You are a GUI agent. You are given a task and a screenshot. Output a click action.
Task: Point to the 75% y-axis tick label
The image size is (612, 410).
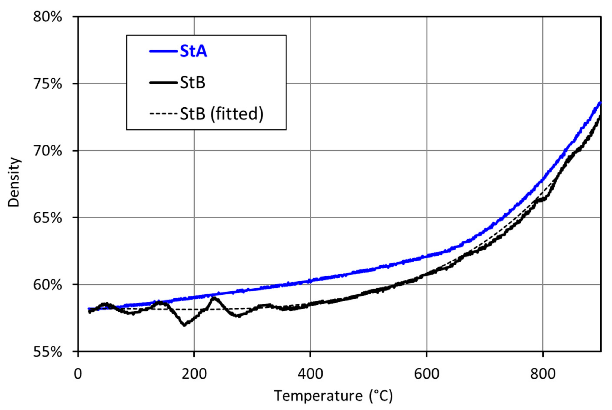pos(47,84)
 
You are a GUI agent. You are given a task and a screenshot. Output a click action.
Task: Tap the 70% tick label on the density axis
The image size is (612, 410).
pos(47,151)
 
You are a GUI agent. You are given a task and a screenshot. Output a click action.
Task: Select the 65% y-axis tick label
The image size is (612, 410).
pos(47,218)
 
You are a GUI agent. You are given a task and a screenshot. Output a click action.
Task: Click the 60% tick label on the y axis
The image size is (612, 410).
pos(47,285)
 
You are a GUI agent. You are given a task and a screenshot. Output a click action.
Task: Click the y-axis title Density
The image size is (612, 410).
pos(14,182)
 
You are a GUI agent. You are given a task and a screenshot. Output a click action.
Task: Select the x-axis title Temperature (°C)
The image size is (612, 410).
pos(333,396)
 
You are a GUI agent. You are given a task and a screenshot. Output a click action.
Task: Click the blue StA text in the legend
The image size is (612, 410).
pos(193,51)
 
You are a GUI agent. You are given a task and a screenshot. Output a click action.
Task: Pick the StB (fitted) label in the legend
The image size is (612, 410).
pos(221,114)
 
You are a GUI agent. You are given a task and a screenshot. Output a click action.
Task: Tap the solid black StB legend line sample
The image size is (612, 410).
pos(163,83)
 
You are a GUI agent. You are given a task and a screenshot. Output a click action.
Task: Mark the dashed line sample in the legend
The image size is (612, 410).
pos(163,114)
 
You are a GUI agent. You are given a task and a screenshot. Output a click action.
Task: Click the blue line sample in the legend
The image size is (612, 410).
pos(163,51)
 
